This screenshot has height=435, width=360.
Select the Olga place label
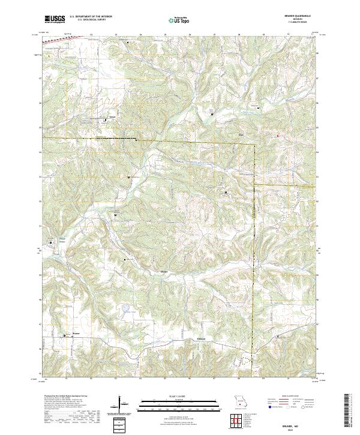click(x=244, y=135)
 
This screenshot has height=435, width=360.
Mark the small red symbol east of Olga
click(x=278, y=136)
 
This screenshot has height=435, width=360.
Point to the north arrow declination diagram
click(x=119, y=403)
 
